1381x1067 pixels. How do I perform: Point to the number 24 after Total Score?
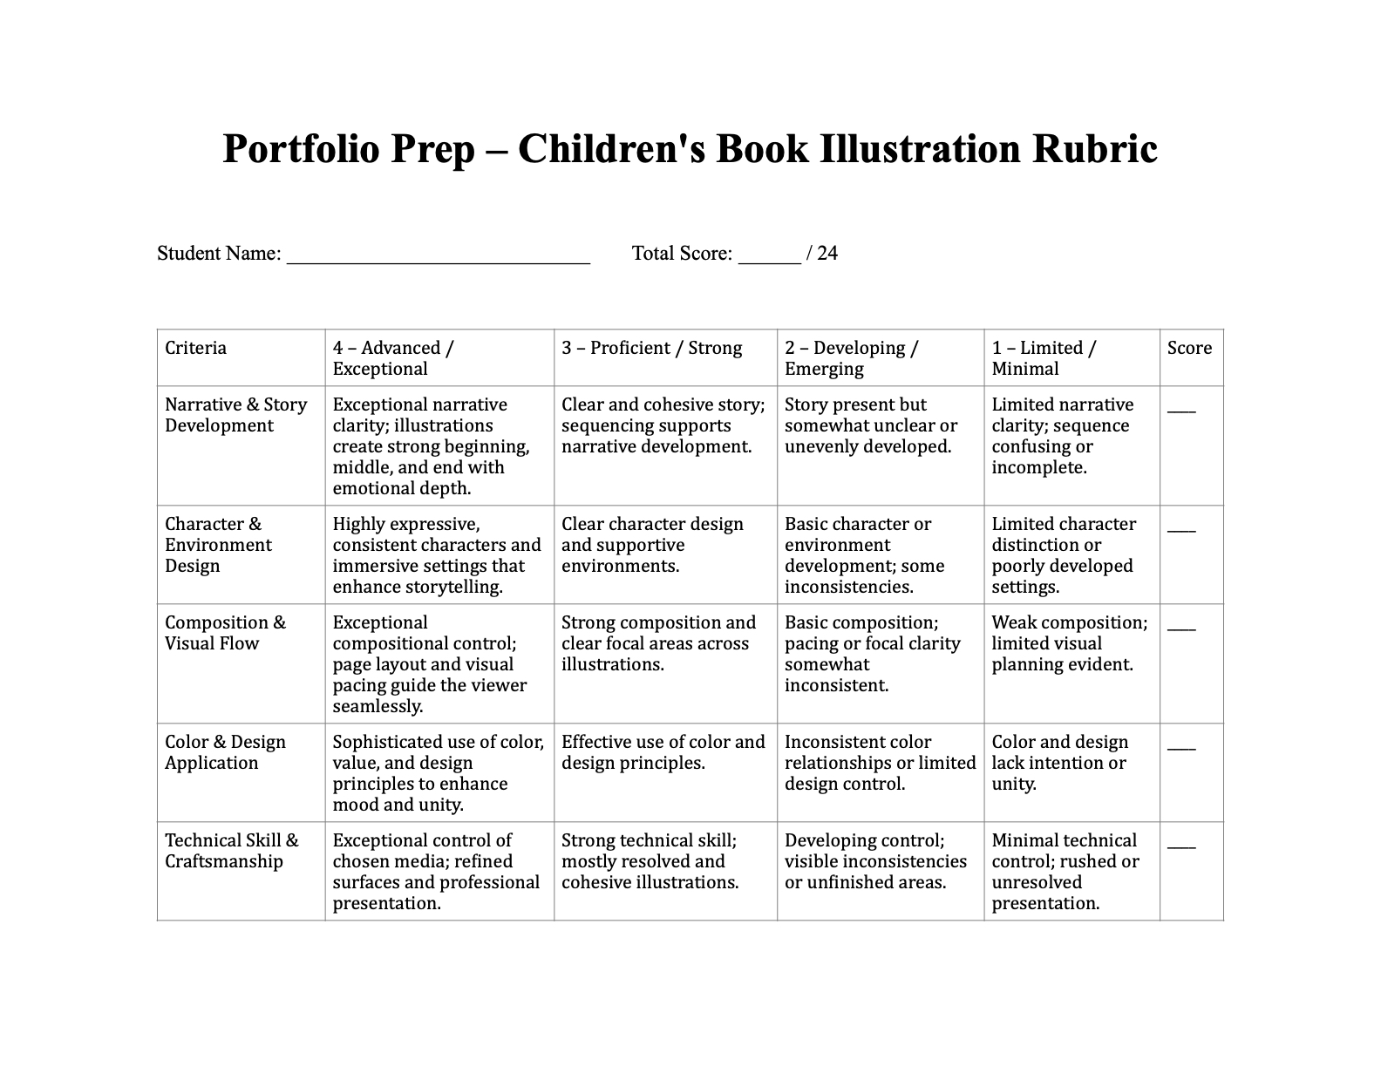(827, 254)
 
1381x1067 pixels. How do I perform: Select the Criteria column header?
(195, 349)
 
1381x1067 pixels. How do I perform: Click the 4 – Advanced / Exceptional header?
(392, 358)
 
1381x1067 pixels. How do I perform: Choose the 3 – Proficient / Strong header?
(651, 349)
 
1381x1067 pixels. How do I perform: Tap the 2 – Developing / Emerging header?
(851, 358)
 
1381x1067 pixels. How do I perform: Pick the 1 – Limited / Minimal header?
(1044, 358)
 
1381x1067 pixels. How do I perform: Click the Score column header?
(1189, 349)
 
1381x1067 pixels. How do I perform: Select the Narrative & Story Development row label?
(235, 415)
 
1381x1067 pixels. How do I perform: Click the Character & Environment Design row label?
(218, 545)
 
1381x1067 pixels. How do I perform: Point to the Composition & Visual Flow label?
(225, 633)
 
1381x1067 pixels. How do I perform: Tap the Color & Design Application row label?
(225, 752)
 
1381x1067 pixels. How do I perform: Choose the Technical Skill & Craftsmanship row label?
(231, 851)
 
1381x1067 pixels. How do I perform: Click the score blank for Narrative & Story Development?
(1181, 410)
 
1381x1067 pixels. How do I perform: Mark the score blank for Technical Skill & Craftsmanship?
(1181, 846)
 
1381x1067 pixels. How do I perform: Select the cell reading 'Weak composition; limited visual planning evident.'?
(1069, 643)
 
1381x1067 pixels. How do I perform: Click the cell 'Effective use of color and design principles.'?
(663, 752)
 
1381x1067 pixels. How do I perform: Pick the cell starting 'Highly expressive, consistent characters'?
(437, 555)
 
